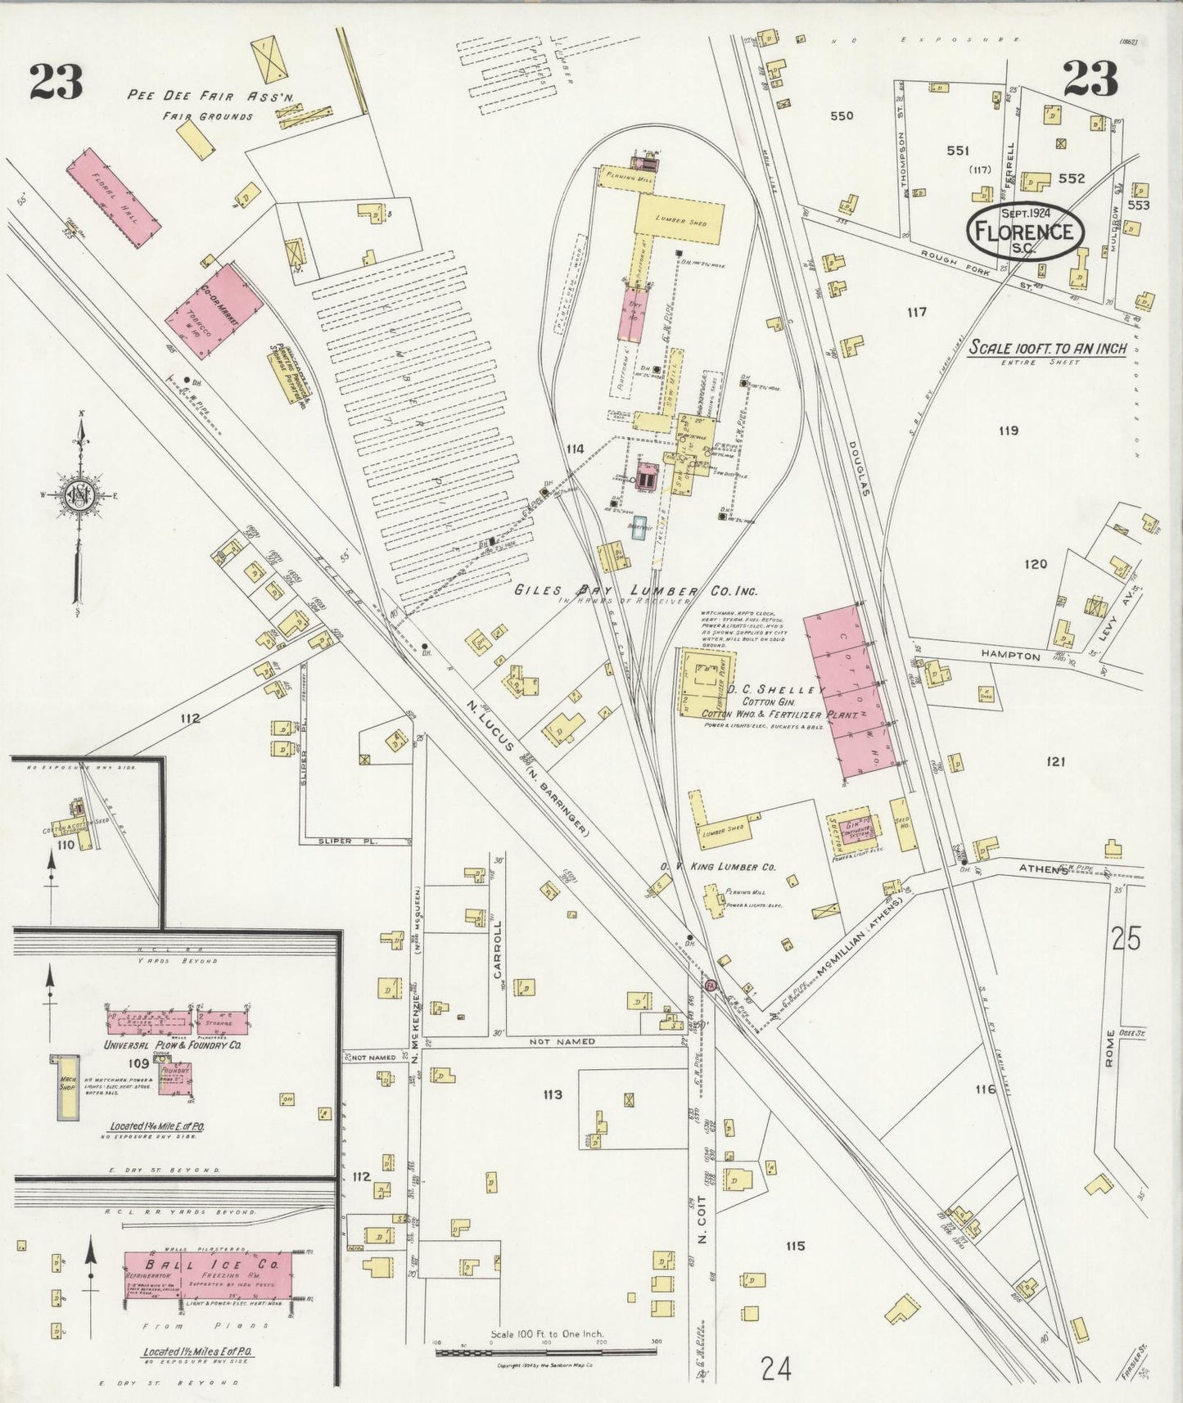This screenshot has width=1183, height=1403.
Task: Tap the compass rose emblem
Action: [79, 495]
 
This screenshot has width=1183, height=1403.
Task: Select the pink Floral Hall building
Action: [113, 190]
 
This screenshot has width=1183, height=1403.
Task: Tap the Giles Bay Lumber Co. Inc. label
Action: [635, 591]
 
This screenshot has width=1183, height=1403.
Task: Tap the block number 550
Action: [841, 115]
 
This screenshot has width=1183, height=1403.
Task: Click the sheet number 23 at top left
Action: [56, 80]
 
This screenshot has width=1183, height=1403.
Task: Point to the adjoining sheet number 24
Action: [774, 1368]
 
